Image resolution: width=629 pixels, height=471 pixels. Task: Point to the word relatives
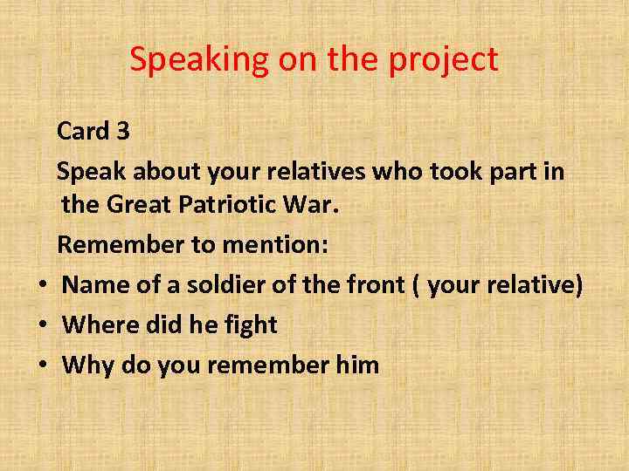pos(309,172)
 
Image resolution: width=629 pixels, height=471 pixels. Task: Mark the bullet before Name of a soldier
pos(41,286)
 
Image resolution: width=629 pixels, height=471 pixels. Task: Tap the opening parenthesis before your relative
pos(420,285)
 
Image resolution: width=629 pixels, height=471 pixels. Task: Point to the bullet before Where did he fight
pos(41,326)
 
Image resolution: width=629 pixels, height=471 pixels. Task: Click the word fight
pos(247,324)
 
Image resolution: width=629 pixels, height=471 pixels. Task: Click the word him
pos(357,365)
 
